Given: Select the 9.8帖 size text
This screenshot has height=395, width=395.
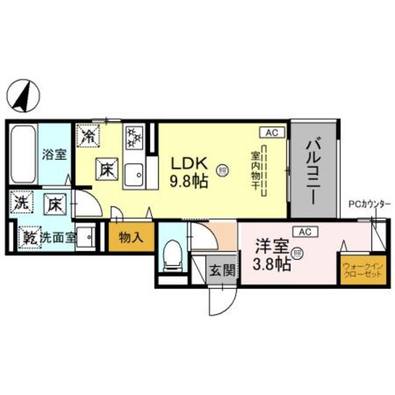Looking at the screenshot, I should click(x=189, y=181).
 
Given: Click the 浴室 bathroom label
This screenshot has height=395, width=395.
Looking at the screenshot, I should click(x=54, y=154).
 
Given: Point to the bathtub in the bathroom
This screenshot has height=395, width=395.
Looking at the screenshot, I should click(x=23, y=154).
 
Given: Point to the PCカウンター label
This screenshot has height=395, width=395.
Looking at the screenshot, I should click(x=369, y=203).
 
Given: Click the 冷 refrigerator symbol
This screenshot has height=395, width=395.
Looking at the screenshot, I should click(x=89, y=135).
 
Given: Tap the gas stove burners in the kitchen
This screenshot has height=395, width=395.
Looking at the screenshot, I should click(x=133, y=136).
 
